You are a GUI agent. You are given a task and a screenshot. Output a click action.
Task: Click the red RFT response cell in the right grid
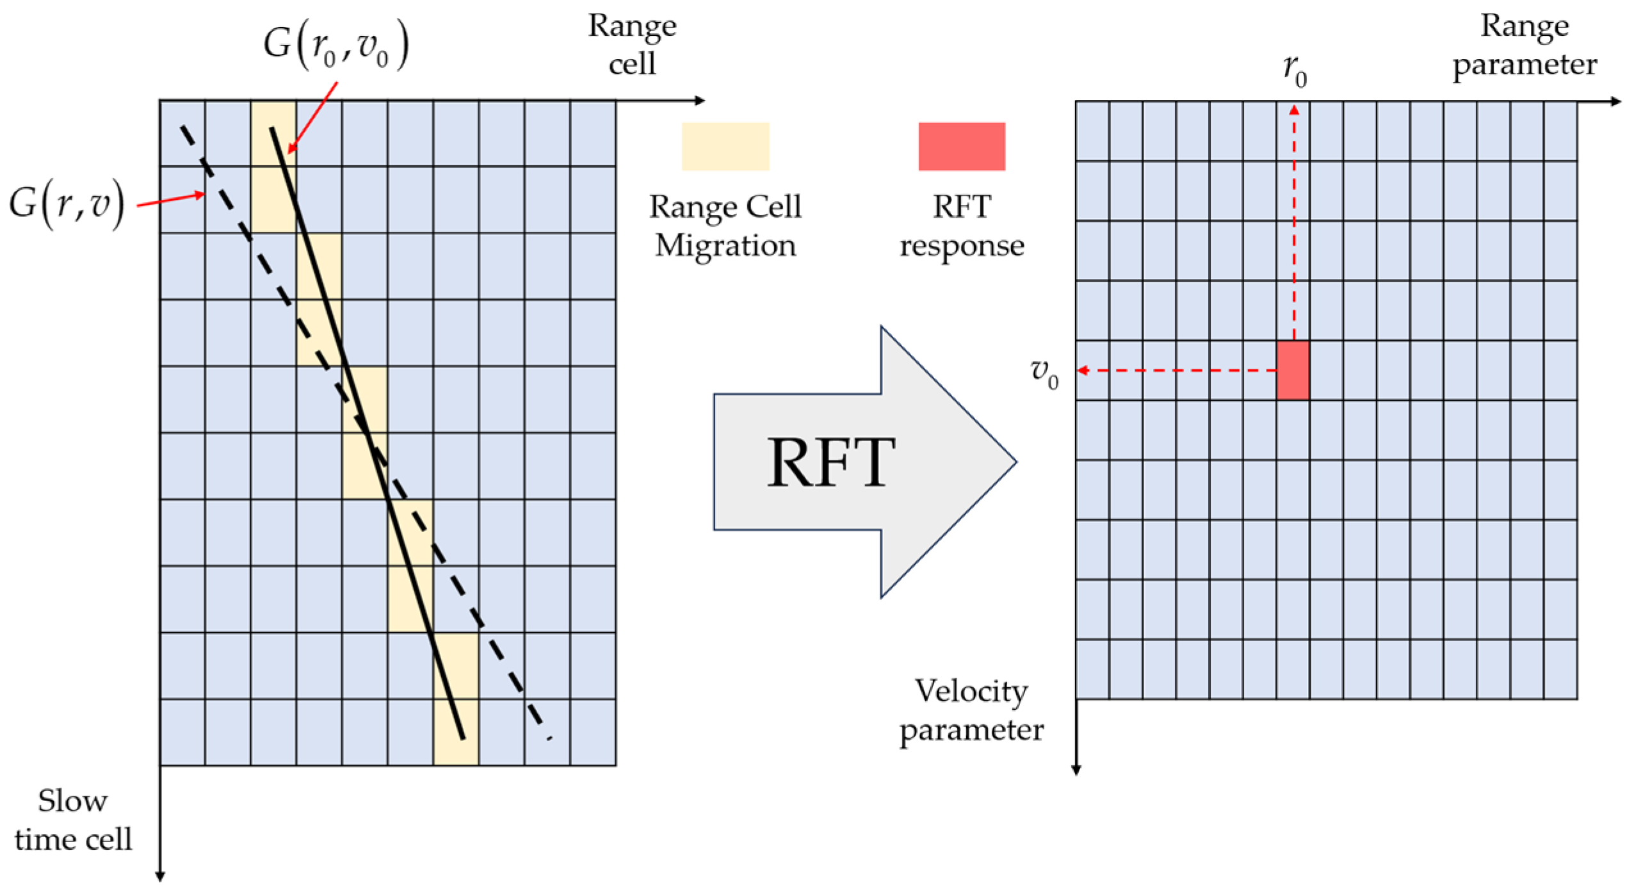point(1292,370)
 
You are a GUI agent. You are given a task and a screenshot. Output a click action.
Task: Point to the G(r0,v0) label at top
point(335,45)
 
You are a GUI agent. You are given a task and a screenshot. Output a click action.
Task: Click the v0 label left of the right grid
point(1043,373)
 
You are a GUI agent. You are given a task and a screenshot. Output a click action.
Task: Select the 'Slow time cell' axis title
point(72,820)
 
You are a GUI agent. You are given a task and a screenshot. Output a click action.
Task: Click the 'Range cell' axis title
point(631,45)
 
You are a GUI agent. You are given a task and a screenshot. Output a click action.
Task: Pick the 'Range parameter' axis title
point(1524,45)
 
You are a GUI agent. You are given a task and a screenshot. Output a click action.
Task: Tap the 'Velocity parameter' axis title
point(971,710)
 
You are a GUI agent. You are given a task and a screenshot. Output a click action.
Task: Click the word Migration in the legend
point(725,245)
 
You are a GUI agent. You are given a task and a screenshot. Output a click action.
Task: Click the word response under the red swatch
point(961,245)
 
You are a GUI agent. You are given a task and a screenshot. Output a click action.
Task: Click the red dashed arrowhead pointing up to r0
point(1293,110)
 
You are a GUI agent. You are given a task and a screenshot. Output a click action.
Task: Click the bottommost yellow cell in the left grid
point(455,732)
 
